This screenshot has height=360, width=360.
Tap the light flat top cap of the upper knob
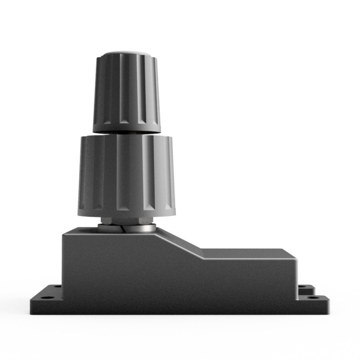point(126,54)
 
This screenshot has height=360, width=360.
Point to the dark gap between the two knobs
point(126,133)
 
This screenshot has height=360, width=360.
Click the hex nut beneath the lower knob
point(126,220)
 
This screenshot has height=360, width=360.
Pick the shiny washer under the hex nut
point(135,228)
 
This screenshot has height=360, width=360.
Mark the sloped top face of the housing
point(180,243)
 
